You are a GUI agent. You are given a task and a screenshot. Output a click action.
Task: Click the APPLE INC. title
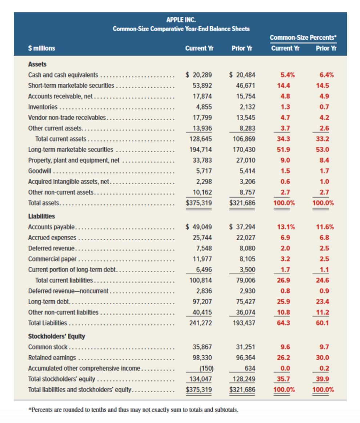pyautogui.click(x=181, y=20)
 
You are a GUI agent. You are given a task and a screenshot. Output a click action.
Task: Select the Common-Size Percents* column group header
pyautogui.click(x=303, y=37)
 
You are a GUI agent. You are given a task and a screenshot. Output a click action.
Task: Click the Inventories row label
pyautogui.click(x=43, y=107)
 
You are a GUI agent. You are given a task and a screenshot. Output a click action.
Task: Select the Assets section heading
pyautogui.click(x=37, y=64)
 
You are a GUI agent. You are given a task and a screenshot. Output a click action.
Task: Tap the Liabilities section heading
pyautogui.click(x=41, y=216)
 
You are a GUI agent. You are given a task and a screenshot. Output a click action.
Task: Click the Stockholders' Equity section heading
pyautogui.click(x=56, y=336)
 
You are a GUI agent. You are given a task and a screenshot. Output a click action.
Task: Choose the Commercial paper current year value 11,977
pyautogui.click(x=202, y=259)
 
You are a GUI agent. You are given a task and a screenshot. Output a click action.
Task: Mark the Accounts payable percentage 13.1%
pyautogui.click(x=286, y=227)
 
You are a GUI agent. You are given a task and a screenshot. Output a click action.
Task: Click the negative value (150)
pyautogui.click(x=205, y=368)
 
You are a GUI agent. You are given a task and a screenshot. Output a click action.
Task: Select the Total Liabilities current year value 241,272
pyautogui.click(x=201, y=323)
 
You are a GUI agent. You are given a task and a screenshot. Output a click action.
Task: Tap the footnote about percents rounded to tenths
pyautogui.click(x=133, y=410)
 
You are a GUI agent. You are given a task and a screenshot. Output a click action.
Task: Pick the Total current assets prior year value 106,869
pyautogui.click(x=244, y=139)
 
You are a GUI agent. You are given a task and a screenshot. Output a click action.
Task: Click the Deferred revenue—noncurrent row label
pyautogui.click(x=68, y=291)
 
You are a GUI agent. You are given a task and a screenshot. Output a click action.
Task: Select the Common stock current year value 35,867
pyautogui.click(x=202, y=347)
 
